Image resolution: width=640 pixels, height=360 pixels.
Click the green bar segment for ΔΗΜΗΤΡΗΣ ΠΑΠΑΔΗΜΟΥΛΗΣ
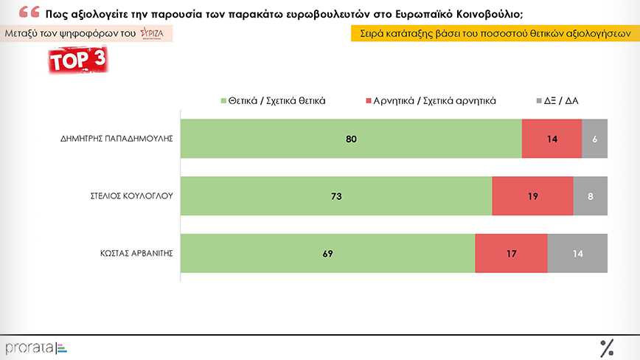coord(351,138)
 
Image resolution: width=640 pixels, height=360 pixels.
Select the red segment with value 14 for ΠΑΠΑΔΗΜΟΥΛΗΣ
coord(552,138)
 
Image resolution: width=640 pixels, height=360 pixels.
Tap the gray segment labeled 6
coord(595,138)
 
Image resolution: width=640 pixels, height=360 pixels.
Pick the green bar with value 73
coord(335,196)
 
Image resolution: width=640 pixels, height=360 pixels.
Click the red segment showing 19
coord(532,196)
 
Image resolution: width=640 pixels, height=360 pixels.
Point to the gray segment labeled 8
coord(591,196)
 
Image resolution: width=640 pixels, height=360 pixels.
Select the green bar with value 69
coord(327,254)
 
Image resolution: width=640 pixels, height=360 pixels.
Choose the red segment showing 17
coord(512,254)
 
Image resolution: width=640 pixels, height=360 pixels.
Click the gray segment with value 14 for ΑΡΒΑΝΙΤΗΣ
coord(578,254)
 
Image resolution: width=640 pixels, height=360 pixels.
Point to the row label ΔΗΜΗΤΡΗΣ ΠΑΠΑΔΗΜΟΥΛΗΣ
coord(118,138)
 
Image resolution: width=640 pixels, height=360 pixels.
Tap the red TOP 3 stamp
coord(78,61)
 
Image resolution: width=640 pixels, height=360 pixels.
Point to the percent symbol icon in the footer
coord(607,347)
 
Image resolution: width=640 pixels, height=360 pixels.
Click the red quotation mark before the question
coord(29,13)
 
